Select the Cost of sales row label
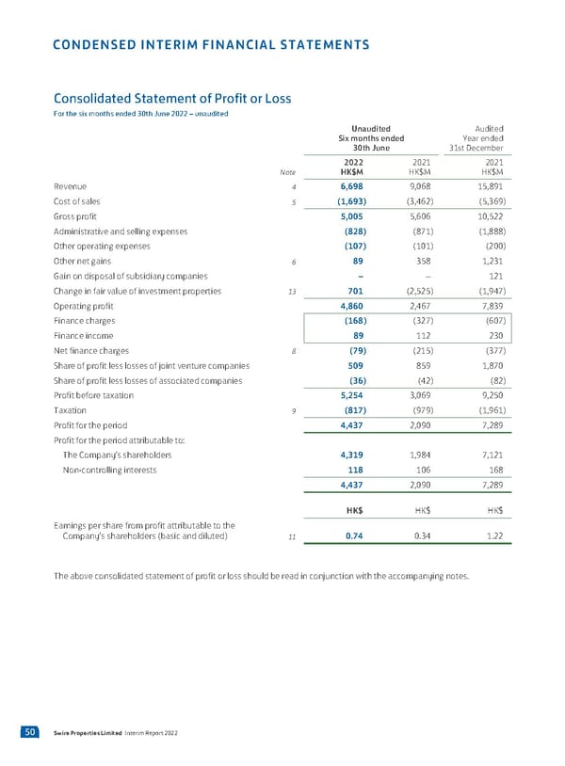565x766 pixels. coord(80,201)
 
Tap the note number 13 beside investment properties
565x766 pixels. coord(293,292)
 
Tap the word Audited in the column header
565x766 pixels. coord(489,129)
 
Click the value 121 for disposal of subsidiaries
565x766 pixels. coord(492,276)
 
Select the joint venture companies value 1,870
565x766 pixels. coord(489,366)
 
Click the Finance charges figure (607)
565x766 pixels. coord(488,321)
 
